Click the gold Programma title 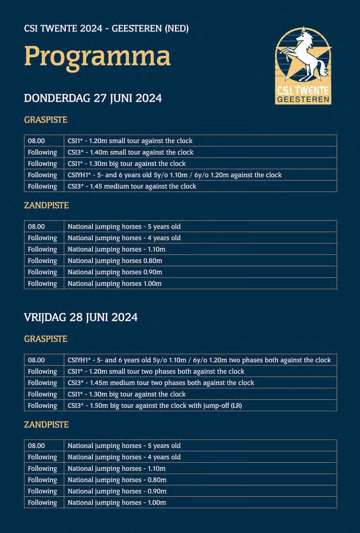coord(97,57)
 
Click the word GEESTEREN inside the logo coord(303,100)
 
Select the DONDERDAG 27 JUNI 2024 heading coord(93,98)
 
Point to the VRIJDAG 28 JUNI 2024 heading coord(81,318)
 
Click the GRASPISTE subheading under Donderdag coord(46,120)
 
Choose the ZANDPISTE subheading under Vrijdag coord(46,424)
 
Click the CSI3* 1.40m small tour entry coord(130,152)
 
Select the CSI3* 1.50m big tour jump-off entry coord(155,406)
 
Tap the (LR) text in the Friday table coord(236,406)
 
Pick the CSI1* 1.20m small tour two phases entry coord(156,371)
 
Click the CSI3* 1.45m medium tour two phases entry coord(161,383)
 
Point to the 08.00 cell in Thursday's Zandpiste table coord(36,227)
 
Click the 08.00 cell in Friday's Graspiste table coord(36,360)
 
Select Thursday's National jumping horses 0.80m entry coord(115,261)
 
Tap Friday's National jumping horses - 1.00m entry coord(117,502)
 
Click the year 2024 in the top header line coord(91,29)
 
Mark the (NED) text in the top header coord(176,29)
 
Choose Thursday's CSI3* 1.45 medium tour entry coord(132,186)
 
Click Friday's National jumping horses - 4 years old coord(124,457)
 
